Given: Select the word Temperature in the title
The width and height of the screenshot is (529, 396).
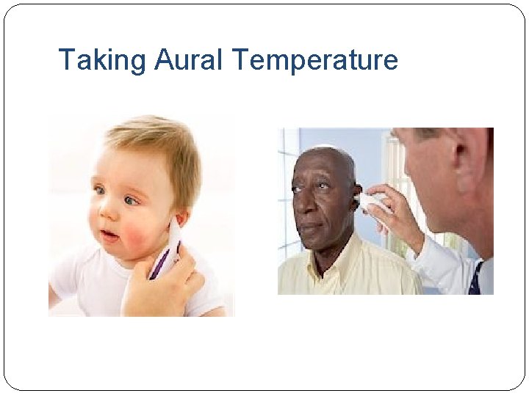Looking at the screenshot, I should pyautogui.click(x=316, y=60).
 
